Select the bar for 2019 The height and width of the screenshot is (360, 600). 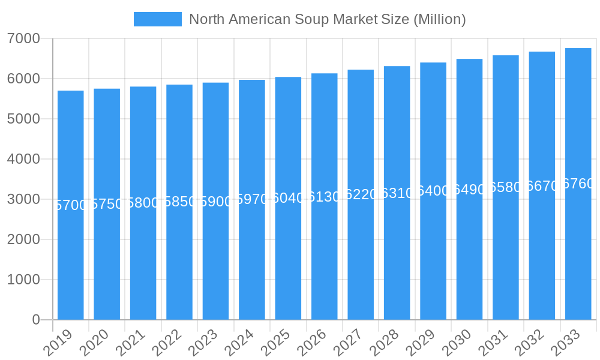71,264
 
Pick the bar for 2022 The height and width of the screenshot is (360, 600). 179,264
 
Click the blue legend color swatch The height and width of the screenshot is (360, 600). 157,19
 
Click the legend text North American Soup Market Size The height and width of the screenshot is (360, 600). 327,19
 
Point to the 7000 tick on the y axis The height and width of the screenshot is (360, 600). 23,38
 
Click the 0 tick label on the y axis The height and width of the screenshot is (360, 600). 36,320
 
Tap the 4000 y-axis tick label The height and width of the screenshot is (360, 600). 23,159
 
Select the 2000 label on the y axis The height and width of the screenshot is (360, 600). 23,239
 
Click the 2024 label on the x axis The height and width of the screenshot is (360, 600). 238,343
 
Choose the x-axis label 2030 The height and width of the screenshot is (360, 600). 456,343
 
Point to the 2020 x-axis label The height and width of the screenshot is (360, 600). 93,343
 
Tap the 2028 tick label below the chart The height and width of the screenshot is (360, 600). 383,343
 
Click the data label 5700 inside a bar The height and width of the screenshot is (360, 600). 71,205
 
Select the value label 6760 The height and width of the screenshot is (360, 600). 578,184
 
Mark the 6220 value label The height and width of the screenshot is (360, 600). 361,194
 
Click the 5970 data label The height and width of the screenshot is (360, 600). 252,199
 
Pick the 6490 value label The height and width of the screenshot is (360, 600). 469,190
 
